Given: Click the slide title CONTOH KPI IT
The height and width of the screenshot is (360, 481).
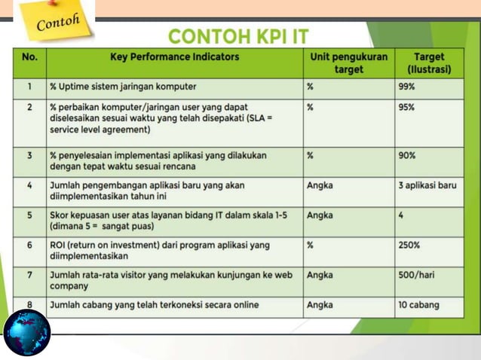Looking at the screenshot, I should click(x=238, y=36).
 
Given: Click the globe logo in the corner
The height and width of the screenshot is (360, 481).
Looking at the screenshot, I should click(x=26, y=333).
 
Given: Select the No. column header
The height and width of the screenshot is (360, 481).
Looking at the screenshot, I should click(x=29, y=57).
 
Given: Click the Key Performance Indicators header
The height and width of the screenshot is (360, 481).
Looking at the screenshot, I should click(x=174, y=57).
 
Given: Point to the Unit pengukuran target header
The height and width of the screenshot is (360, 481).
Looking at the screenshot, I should click(x=348, y=63).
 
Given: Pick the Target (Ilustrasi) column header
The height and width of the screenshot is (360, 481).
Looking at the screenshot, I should click(x=428, y=63).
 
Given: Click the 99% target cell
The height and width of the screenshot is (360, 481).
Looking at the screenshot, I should click(x=406, y=87).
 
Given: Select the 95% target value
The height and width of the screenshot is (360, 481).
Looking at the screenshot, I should click(x=406, y=108).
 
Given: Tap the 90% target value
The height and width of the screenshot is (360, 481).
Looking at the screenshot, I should click(x=406, y=156).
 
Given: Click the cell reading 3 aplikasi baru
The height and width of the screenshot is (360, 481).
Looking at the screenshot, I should click(x=427, y=185).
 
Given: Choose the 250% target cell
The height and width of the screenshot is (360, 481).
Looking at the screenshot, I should click(x=409, y=246).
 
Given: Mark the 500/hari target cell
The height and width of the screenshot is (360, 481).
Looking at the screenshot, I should click(x=417, y=276).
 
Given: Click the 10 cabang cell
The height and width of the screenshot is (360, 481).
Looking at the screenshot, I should click(x=418, y=306).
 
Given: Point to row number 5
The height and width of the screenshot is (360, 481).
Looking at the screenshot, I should click(x=29, y=215).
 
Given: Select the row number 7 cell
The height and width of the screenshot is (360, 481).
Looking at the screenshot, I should click(x=29, y=276).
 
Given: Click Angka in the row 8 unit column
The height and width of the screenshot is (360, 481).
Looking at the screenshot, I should click(x=320, y=306).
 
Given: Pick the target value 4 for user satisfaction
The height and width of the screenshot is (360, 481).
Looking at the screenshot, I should click(x=401, y=215).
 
